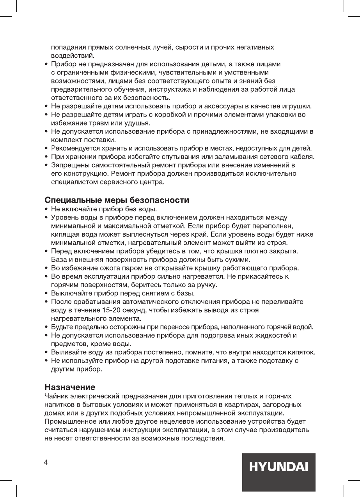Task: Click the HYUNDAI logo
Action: pos(278,467)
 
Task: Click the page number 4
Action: pos(46,462)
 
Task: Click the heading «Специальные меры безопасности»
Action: pos(117,201)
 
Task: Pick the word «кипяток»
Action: pos(300,353)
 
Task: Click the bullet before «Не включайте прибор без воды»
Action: pos(47,210)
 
